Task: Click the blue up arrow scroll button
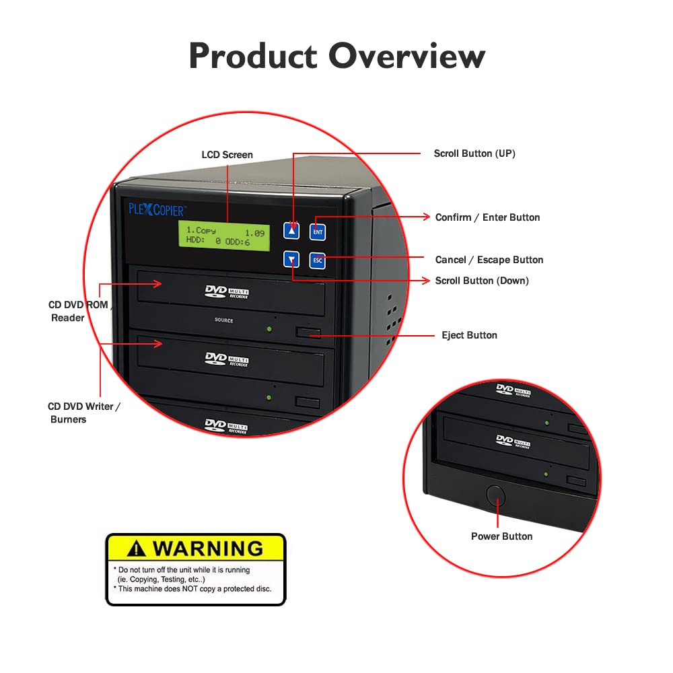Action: (291, 231)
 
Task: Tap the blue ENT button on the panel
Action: (318, 232)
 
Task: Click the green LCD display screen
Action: (224, 236)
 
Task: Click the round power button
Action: (497, 495)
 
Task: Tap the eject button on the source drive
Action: (308, 332)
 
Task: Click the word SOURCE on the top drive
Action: (224, 320)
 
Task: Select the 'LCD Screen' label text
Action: (227, 155)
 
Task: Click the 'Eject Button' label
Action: (469, 335)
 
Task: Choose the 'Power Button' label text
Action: (501, 536)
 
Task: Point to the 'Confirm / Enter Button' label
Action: (487, 217)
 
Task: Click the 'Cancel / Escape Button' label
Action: (489, 260)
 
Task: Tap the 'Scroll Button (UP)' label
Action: (474, 153)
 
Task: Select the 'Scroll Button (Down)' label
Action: (482, 281)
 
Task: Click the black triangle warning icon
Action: (137, 549)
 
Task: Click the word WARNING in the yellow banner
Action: (207, 548)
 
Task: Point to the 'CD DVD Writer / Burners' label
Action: (84, 413)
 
